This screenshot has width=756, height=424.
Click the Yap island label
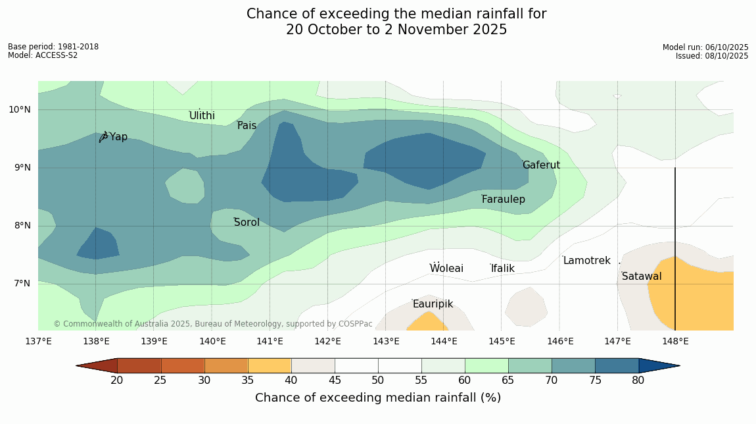coord(118,137)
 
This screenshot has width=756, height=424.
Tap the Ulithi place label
coord(202,116)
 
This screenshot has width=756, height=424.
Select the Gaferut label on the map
coord(541,165)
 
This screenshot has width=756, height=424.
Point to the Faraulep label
coord(504,199)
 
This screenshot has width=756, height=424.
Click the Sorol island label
coord(247,223)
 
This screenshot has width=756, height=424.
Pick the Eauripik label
coord(433,304)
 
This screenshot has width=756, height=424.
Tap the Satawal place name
coord(642,277)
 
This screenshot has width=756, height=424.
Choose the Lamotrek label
coord(586,261)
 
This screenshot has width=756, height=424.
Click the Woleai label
coord(446,269)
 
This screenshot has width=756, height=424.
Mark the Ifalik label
coord(503,269)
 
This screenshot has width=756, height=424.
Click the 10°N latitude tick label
coord(20,110)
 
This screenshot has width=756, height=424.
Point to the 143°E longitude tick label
coord(386,341)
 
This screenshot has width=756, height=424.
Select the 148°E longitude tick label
coord(675,341)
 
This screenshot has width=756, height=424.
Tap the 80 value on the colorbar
coord(638,381)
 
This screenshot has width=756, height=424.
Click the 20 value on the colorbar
coord(117,381)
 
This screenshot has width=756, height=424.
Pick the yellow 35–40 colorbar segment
coord(269,365)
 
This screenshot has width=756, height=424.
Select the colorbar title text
coord(378,398)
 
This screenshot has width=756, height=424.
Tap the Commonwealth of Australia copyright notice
coord(213,324)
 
